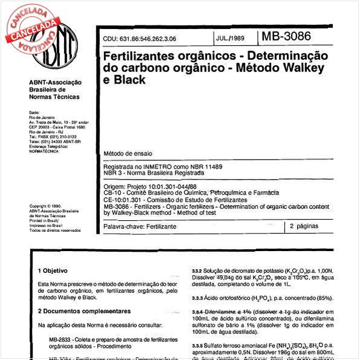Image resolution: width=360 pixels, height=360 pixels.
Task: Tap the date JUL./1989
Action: tap(231, 38)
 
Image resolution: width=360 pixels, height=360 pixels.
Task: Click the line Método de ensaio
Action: tap(128, 154)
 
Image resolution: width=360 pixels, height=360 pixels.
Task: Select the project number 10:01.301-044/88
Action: tap(175, 187)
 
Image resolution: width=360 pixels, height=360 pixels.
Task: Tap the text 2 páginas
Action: tap(308, 226)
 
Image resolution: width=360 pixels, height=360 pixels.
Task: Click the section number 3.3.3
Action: tap(201, 298)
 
